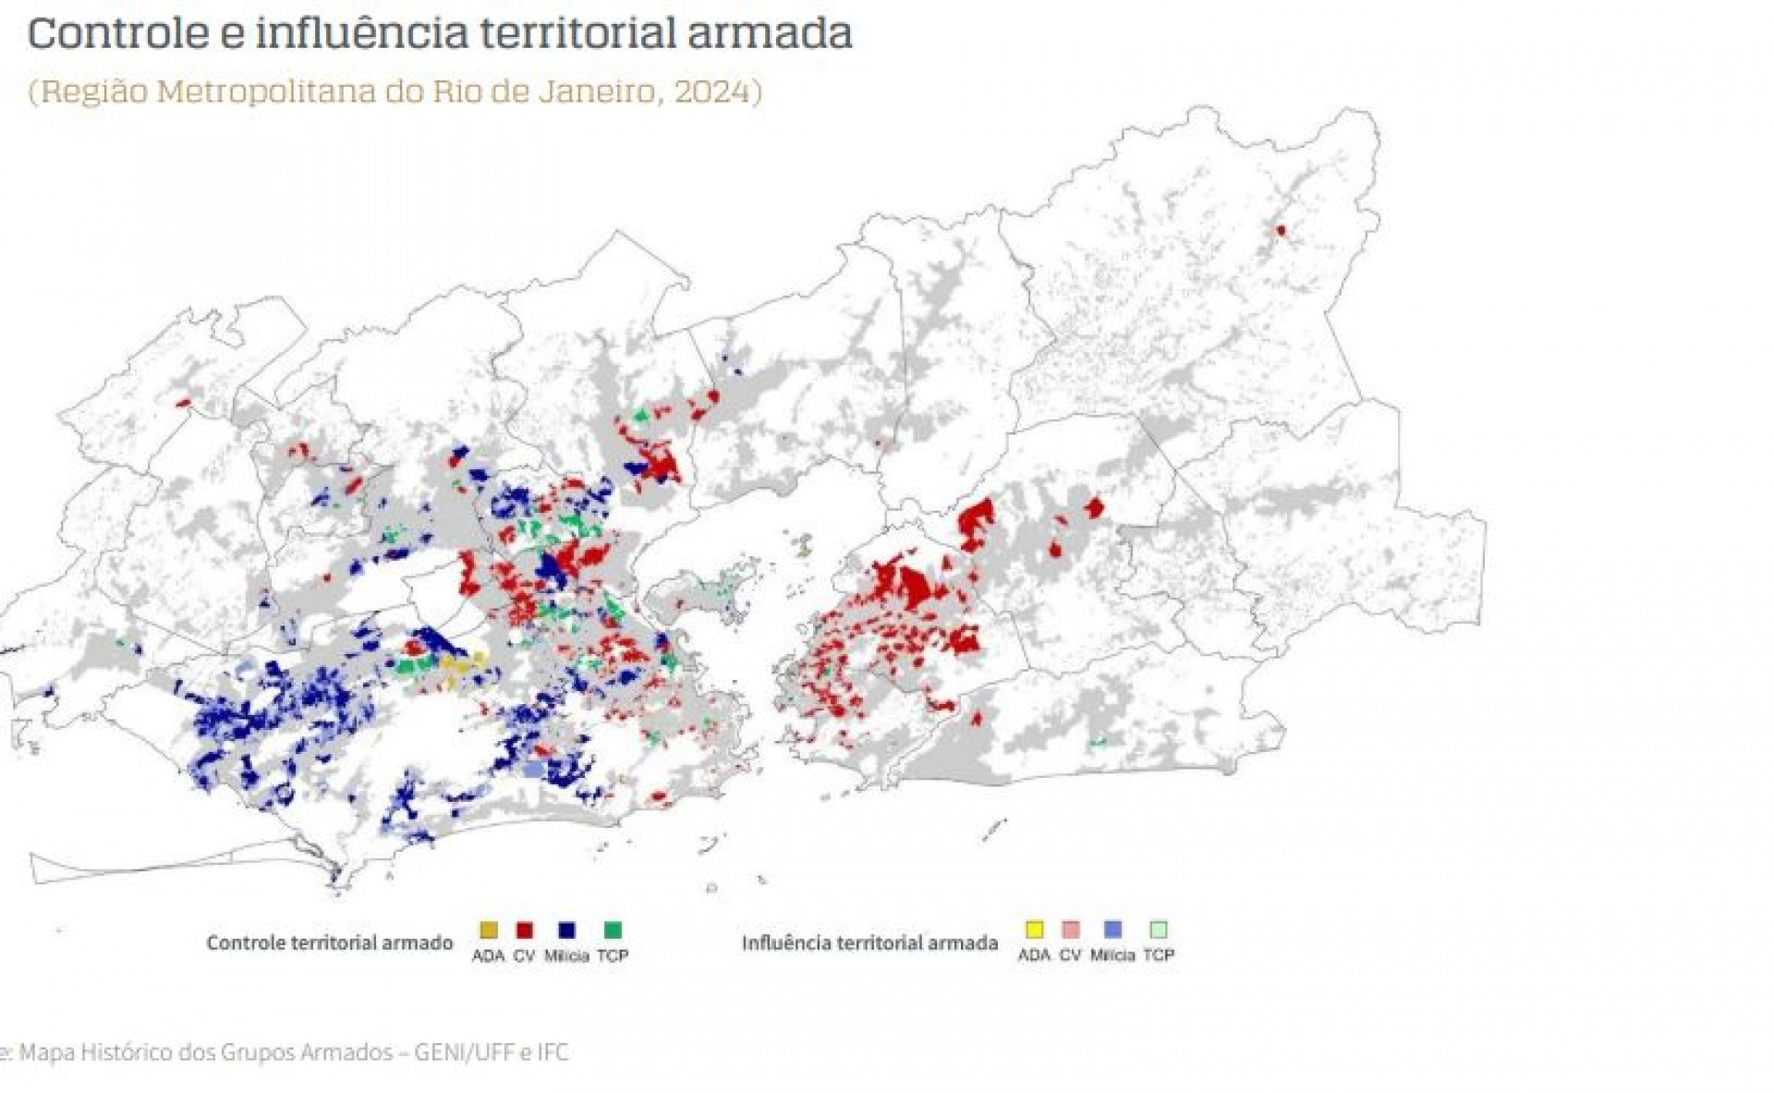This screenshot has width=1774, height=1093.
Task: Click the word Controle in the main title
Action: (x=118, y=33)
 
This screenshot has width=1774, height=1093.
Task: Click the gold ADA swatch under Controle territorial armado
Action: (x=488, y=930)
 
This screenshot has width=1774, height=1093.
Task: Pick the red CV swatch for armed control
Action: (x=524, y=930)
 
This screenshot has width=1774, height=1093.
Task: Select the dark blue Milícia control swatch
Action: (x=566, y=930)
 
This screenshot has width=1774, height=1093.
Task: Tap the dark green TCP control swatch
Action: (x=613, y=930)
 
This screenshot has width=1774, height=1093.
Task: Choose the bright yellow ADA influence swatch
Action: (x=1034, y=929)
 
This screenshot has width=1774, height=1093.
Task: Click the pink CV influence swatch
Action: (x=1071, y=929)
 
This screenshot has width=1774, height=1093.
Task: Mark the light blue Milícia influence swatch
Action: (x=1112, y=929)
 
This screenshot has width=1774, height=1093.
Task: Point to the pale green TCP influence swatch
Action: (x=1159, y=929)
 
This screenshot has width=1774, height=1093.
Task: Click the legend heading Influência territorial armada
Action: (x=869, y=943)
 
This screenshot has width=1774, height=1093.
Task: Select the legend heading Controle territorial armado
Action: (x=329, y=943)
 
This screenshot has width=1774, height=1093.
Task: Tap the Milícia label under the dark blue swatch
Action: (x=566, y=956)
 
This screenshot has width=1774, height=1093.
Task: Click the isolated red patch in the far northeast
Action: (x=1281, y=230)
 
